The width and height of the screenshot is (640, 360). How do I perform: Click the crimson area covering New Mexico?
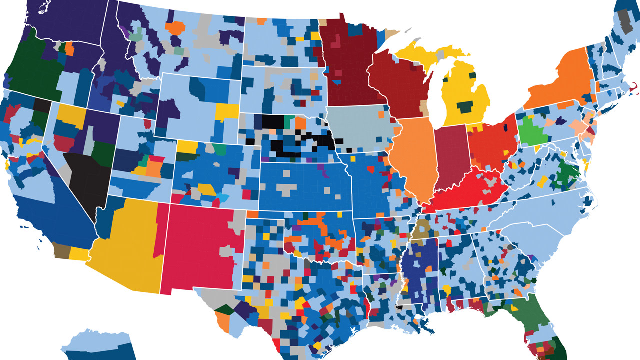click(x=200, y=245)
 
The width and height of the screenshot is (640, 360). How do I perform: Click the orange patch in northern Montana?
click(x=176, y=27)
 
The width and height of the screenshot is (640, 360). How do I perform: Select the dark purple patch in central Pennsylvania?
click(x=560, y=120)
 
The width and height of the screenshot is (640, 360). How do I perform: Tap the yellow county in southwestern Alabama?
click(x=447, y=290)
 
